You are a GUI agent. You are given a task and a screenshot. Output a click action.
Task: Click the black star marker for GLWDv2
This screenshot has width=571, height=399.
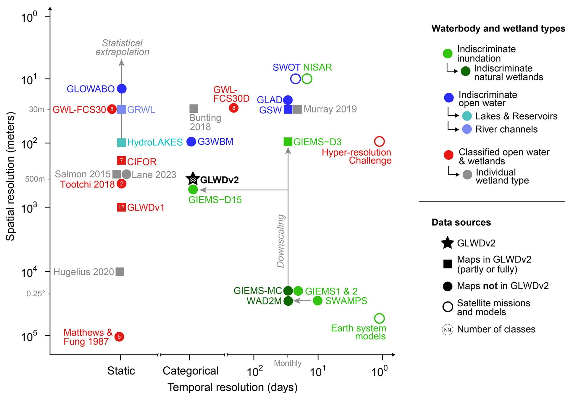pyautogui.click(x=193, y=179)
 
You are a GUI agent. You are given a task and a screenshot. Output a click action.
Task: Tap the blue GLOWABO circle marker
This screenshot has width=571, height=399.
pyautogui.click(x=122, y=88)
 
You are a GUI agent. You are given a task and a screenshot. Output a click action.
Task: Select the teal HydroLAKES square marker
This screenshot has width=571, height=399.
pyautogui.click(x=121, y=143)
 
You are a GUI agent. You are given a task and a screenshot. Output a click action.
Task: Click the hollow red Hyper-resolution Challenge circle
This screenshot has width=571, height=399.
pyautogui.click(x=379, y=141)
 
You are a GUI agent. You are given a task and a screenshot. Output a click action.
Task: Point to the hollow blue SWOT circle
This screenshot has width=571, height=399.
pyautogui.click(x=295, y=79)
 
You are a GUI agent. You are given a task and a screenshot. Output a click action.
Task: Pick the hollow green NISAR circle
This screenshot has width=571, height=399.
pyautogui.click(x=307, y=79)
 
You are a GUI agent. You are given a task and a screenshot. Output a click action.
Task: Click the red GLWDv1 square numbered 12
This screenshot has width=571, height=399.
pyautogui.click(x=121, y=207)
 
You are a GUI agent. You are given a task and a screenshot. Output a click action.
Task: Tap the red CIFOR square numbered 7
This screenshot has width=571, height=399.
pyautogui.click(x=121, y=160)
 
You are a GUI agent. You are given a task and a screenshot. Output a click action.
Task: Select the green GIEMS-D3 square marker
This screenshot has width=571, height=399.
pyautogui.click(x=288, y=141)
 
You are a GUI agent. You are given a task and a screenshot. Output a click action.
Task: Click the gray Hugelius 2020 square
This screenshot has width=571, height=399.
pyautogui.click(x=120, y=272)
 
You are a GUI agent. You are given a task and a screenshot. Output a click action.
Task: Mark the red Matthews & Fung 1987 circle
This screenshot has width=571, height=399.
pyautogui.click(x=120, y=336)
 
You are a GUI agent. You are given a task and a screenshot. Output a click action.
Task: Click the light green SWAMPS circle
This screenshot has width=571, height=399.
pyautogui.click(x=317, y=301)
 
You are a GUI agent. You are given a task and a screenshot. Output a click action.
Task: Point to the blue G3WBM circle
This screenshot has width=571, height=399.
pyautogui.click(x=191, y=141)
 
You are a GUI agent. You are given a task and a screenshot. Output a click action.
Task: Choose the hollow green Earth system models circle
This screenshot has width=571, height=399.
pyautogui.click(x=379, y=318)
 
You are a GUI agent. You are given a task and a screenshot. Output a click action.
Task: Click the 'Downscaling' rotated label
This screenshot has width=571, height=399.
pyautogui.click(x=281, y=241)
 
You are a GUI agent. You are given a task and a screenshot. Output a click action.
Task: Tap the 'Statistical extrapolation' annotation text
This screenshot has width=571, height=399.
pyautogui.click(x=122, y=47)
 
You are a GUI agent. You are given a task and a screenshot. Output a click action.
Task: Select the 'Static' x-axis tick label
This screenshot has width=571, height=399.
pyautogui.click(x=121, y=371)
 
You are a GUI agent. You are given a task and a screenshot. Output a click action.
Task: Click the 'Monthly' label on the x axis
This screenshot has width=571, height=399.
pyautogui.click(x=288, y=363)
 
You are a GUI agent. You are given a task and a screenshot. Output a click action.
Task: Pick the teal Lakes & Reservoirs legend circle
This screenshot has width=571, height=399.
pyautogui.click(x=467, y=116)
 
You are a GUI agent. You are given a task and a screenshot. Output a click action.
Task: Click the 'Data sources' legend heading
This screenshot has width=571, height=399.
pyautogui.click(x=461, y=222)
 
